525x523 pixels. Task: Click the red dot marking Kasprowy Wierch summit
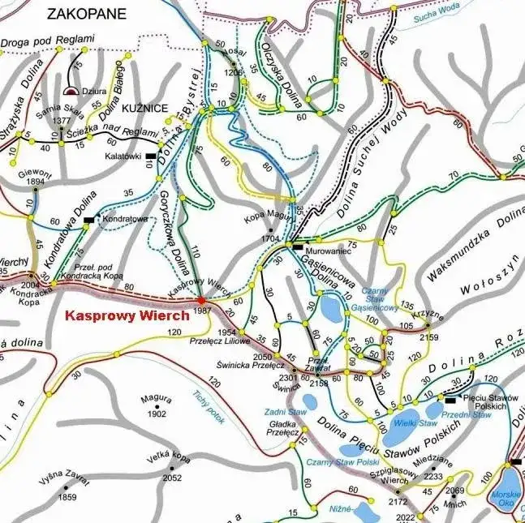[x=201, y=300]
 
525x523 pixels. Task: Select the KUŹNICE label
[x=148, y=108]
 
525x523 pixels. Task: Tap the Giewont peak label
[x=33, y=171]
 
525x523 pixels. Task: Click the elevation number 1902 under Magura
[x=157, y=414]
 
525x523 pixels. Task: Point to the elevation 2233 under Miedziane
[x=433, y=478]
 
